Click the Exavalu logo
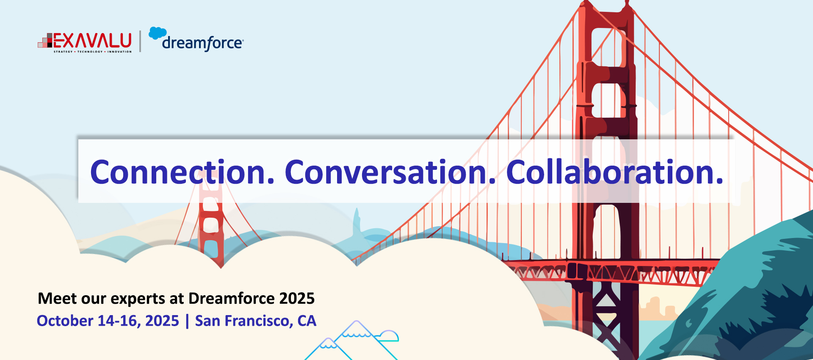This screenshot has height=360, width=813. coord(85,42)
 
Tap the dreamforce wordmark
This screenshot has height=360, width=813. coord(203,43)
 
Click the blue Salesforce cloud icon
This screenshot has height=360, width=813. coord(158,33)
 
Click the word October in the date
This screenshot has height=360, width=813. coord(65,321)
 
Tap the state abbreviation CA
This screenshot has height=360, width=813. coord(307,321)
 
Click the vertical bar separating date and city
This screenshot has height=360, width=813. coord(187,321)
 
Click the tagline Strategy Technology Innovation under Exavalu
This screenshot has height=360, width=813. coord(92,52)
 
